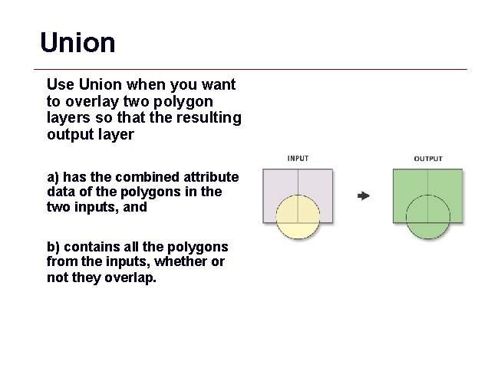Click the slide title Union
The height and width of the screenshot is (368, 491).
pos(77,42)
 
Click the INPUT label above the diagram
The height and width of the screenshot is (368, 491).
pos(298,159)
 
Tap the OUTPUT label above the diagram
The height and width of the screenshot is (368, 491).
pos(428,159)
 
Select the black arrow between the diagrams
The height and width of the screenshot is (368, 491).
pos(364,196)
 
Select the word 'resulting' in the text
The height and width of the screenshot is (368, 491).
pos(214,118)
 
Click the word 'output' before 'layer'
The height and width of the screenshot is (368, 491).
pos(68,135)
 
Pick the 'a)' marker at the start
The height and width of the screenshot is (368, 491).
pos(54,177)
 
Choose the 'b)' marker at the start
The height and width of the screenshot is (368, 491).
pos(54,247)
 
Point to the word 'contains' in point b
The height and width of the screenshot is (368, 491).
pos(88,247)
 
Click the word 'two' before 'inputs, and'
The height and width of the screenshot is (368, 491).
pos(59,208)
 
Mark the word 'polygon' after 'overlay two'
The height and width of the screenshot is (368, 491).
pos(186,101)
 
